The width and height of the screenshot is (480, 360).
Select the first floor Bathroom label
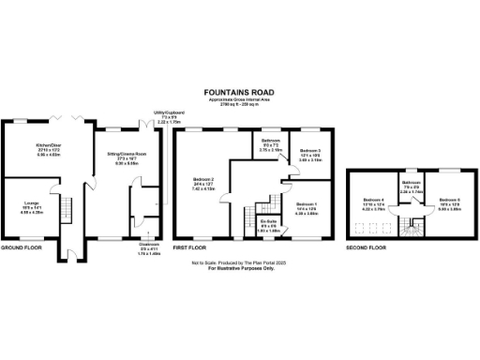click(x=271, y=143)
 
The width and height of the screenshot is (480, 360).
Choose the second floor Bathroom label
click(x=411, y=187)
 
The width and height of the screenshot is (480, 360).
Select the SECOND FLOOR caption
click(x=366, y=248)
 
